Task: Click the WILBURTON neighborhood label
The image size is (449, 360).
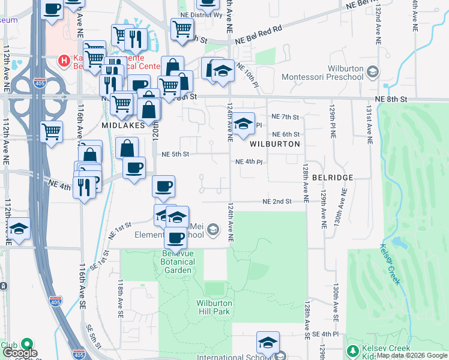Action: click(x=274, y=145)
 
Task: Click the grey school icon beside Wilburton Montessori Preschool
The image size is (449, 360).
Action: click(x=372, y=73)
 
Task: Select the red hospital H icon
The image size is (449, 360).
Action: click(x=62, y=61)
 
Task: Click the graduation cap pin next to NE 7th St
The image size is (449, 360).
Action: click(x=243, y=124)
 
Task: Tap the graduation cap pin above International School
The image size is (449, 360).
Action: click(x=268, y=343)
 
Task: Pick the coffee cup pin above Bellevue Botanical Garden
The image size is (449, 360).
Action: click(x=175, y=238)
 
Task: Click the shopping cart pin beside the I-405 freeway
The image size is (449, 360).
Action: click(x=52, y=131)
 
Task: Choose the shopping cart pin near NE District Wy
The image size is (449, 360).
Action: click(x=182, y=28)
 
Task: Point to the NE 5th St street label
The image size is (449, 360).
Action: click(x=175, y=154)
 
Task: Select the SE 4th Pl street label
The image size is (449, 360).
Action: click(x=326, y=333)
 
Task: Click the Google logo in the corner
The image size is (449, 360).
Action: click(x=20, y=353)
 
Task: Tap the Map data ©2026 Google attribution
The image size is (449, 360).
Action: click(x=412, y=356)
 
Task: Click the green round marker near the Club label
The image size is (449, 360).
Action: click(x=26, y=344)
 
